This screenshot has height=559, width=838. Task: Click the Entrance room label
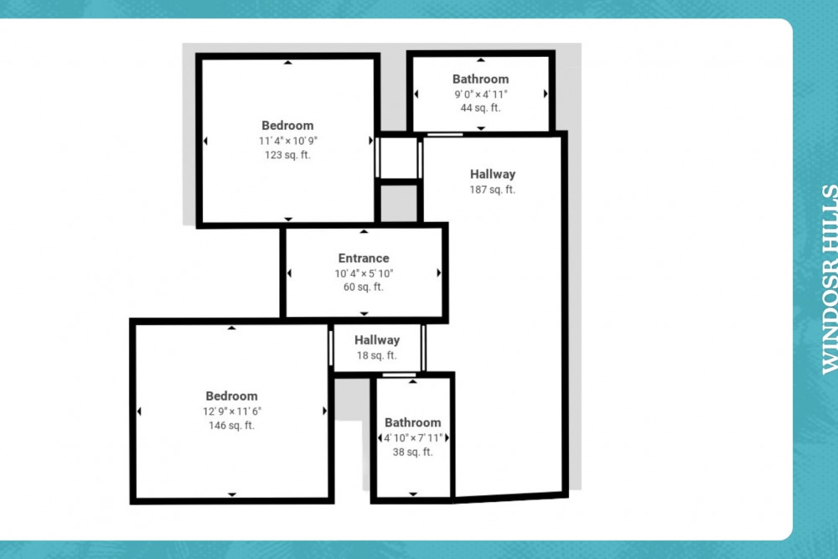[364, 258]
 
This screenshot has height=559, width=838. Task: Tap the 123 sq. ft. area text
[287, 155]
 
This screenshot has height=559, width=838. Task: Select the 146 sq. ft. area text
[231, 426]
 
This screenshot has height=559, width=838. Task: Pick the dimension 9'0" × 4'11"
[480, 94]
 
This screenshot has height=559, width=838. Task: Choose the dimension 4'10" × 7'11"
[413, 437]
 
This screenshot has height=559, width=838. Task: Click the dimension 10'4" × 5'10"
[364, 273]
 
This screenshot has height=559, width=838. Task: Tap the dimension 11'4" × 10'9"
[287, 141]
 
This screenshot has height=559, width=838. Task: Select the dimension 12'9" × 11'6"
[231, 411]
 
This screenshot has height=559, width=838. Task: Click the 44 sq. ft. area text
[480, 108]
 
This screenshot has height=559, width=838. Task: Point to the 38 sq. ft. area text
[412, 452]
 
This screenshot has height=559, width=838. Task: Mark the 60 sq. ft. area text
[364, 287]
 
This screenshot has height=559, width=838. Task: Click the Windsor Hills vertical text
[830, 280]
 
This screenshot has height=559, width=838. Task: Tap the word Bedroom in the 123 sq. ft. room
[287, 126]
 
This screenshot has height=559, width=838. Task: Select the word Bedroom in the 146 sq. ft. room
[231, 396]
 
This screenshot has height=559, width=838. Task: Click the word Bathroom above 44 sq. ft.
[480, 79]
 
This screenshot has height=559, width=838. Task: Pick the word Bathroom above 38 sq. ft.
[412, 422]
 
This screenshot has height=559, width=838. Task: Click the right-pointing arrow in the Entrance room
[439, 272]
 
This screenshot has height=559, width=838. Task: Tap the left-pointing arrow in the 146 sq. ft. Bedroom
[139, 411]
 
